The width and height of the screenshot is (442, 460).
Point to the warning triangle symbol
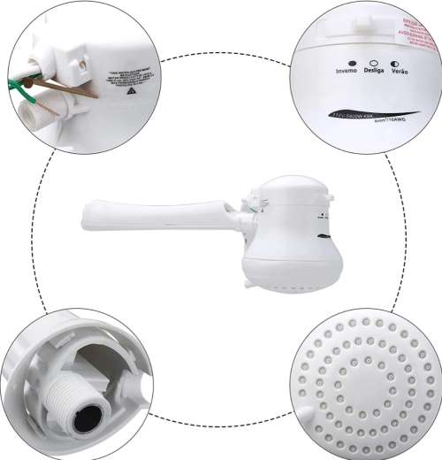click(x=131, y=91)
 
